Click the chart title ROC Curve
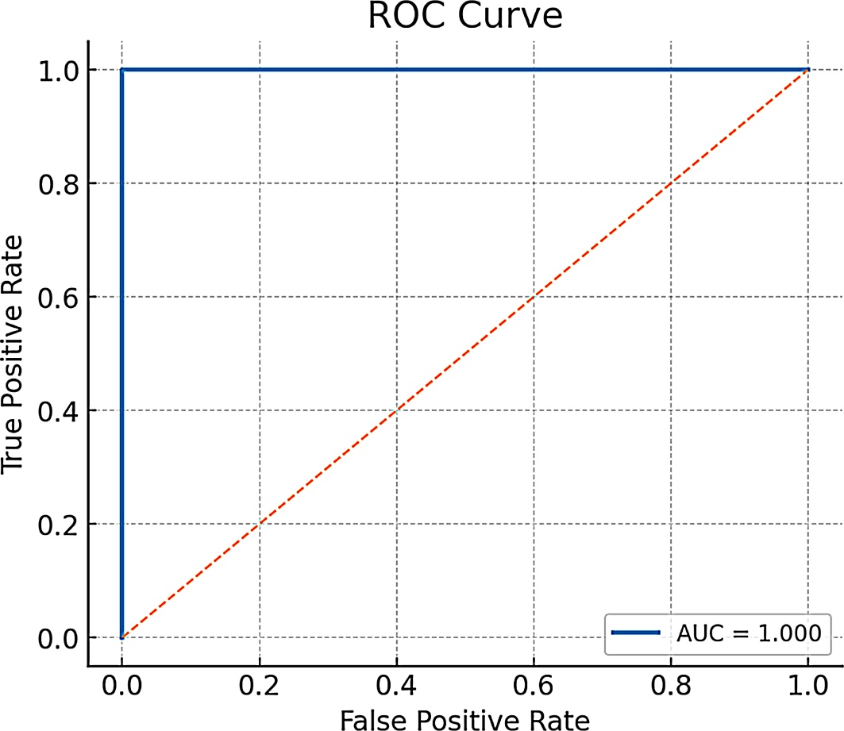(x=465, y=16)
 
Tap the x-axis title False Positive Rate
(x=465, y=720)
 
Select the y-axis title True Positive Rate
(x=13, y=355)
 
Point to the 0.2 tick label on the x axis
(x=260, y=686)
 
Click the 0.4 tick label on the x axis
(x=397, y=686)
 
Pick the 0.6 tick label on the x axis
(x=534, y=686)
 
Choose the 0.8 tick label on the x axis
(x=671, y=686)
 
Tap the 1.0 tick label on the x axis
(x=808, y=686)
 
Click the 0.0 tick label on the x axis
(x=122, y=686)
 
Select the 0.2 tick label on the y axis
(x=58, y=525)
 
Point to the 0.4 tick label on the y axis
(x=58, y=411)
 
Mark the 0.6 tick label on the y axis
(x=58, y=298)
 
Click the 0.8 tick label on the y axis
(x=58, y=184)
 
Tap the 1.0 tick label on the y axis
(x=58, y=71)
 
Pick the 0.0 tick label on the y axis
(x=58, y=638)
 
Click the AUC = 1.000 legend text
(x=749, y=633)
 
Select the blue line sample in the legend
(x=636, y=633)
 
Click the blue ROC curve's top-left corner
(x=122, y=70)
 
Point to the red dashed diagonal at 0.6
(x=534, y=297)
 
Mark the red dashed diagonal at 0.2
(x=260, y=524)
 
